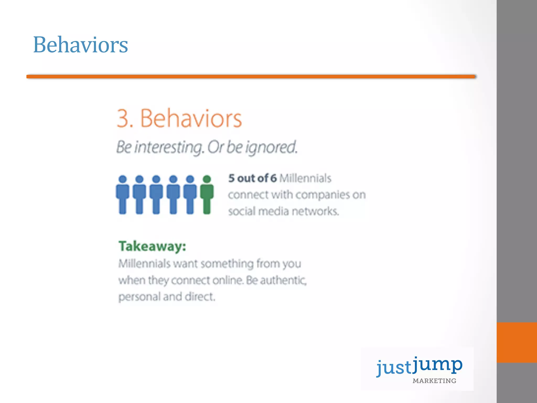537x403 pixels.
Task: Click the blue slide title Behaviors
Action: tap(80, 45)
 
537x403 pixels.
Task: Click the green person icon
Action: tap(207, 195)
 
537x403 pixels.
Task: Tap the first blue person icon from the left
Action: tap(122, 195)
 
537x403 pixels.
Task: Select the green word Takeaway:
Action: tap(152, 246)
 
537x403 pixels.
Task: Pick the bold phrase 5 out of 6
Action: tap(252, 178)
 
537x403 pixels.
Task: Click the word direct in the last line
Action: tap(200, 297)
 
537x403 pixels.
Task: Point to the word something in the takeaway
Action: tap(227, 264)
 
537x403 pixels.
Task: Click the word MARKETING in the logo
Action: tap(434, 381)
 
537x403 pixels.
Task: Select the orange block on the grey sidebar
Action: tap(517, 342)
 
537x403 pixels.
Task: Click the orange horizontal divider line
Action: tap(251, 77)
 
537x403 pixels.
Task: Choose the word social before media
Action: tap(241, 211)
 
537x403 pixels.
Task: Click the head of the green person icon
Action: tap(207, 179)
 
